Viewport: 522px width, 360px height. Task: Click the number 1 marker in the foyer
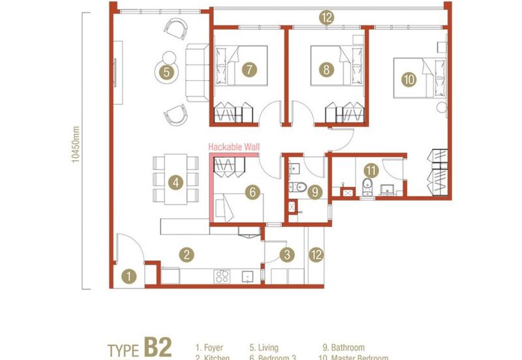(x=130, y=277)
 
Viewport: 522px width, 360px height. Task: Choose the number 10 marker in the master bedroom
(x=408, y=80)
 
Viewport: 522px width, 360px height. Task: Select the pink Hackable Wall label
(x=234, y=148)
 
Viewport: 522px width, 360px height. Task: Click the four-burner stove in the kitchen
(x=222, y=276)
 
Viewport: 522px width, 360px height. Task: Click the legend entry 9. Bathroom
(x=343, y=348)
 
